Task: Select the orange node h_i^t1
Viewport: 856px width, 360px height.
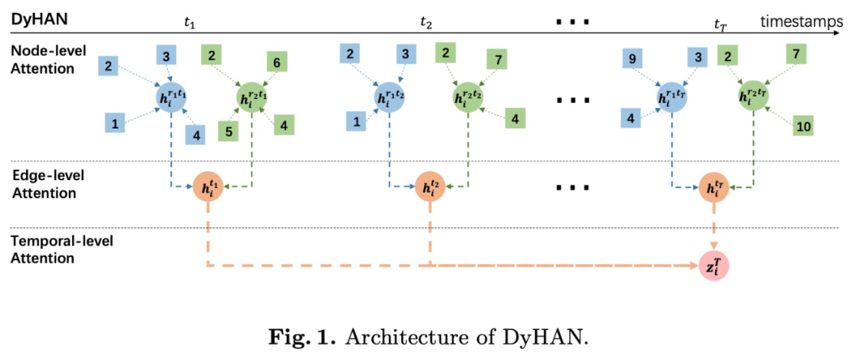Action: [207, 189]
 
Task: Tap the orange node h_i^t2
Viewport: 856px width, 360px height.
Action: [430, 189]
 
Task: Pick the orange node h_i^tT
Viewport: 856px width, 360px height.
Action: [713, 189]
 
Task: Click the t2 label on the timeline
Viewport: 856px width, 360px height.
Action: [426, 21]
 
